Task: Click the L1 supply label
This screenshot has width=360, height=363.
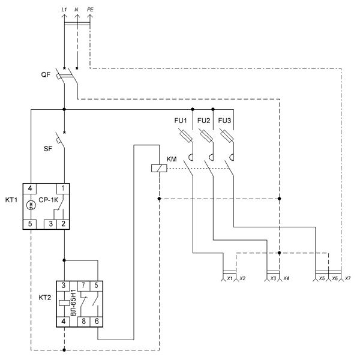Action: point(64,10)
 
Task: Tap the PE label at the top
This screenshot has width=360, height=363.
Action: point(90,10)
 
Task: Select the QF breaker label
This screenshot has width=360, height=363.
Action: point(46,74)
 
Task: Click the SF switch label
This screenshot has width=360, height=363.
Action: point(48,149)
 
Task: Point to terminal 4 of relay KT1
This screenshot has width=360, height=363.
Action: point(30,188)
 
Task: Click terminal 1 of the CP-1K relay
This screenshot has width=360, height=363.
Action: point(63,188)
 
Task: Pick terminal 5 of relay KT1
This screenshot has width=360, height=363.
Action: point(30,224)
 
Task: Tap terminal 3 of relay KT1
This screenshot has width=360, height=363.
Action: point(51,224)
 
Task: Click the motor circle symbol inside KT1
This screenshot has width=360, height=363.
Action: point(31,205)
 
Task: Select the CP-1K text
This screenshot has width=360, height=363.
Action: point(49,200)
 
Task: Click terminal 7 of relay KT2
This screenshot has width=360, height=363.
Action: point(83,286)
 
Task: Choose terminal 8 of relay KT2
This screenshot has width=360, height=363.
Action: point(83,322)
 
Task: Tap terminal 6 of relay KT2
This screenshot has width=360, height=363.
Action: point(97,322)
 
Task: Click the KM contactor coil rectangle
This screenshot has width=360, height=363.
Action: point(159,169)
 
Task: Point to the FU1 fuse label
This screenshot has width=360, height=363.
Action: point(181,121)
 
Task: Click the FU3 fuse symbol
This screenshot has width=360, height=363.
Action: point(227,136)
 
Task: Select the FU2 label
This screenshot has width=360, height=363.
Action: point(204,121)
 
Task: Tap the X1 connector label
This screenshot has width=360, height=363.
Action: point(229,278)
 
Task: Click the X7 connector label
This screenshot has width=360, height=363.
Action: point(348,278)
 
